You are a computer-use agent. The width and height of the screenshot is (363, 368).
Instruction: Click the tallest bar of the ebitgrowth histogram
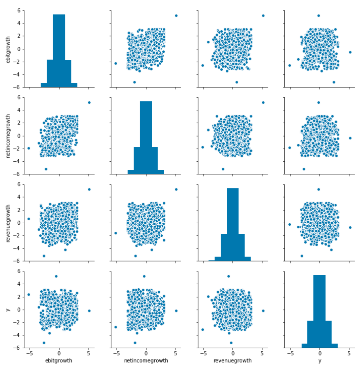(x=59, y=51)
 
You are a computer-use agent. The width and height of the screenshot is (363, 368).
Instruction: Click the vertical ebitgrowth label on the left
(x=7, y=49)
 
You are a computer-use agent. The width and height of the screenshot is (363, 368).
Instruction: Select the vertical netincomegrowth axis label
(x=7, y=136)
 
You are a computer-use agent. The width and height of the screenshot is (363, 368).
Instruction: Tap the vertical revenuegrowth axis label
(x=7, y=223)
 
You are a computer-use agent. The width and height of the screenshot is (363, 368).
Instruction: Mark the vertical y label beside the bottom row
(x=7, y=309)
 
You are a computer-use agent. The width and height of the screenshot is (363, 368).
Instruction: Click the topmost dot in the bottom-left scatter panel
(x=56, y=276)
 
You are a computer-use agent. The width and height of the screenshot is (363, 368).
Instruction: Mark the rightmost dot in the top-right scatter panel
(x=350, y=52)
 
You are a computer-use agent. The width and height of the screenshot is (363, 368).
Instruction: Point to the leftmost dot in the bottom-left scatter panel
(x=28, y=294)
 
